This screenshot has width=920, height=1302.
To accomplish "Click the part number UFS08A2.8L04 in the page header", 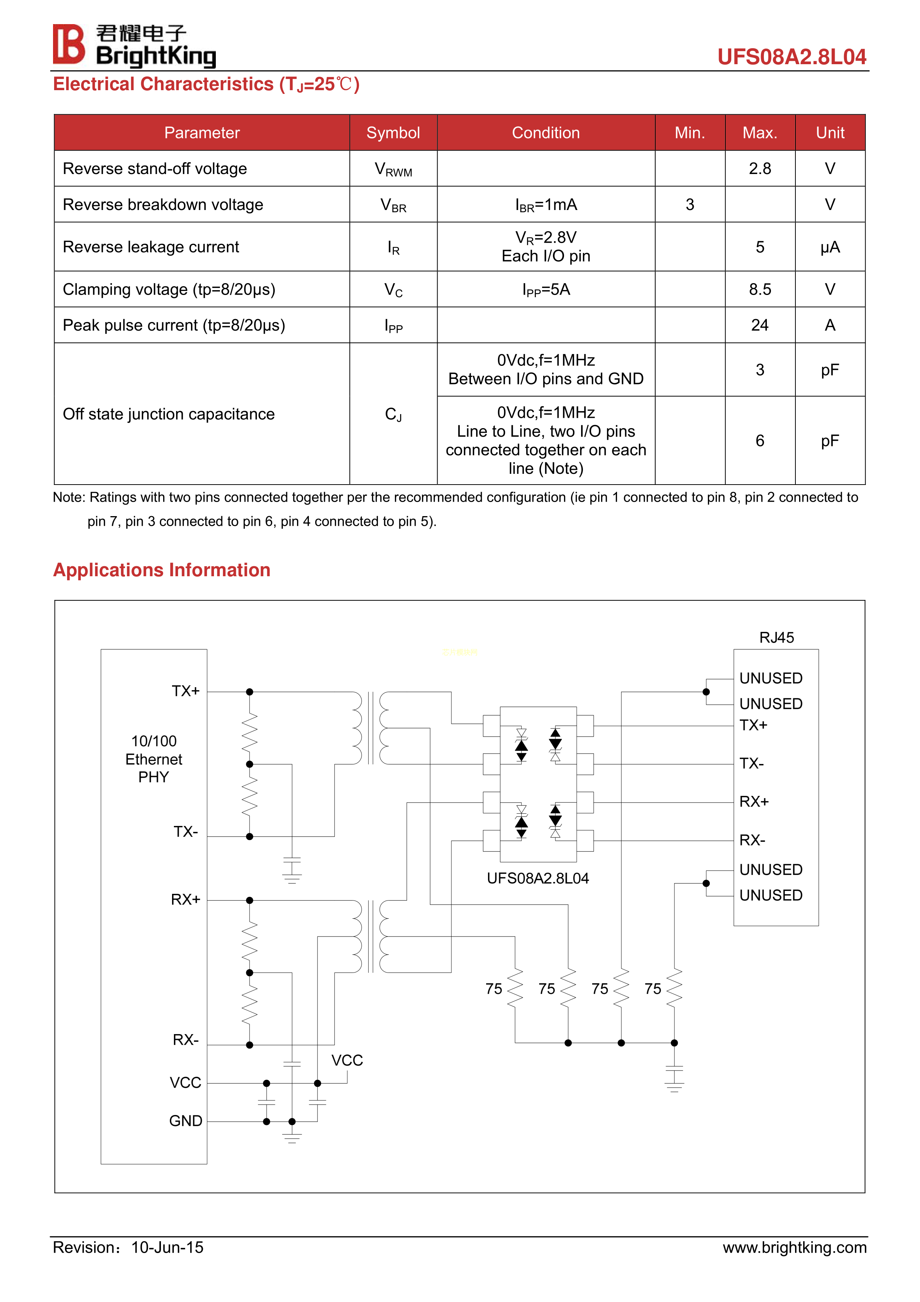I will (x=791, y=57).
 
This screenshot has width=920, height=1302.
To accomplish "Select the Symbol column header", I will (x=393, y=133).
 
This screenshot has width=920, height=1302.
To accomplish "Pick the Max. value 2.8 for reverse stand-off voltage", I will (x=759, y=168).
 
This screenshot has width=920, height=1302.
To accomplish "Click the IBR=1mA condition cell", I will (x=546, y=205).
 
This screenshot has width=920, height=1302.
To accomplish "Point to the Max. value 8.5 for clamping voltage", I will (x=759, y=289).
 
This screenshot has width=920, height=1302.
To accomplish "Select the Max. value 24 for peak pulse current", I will (x=759, y=325).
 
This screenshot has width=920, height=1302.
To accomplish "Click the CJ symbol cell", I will (x=393, y=414).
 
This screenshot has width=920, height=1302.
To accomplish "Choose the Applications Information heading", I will (x=162, y=570).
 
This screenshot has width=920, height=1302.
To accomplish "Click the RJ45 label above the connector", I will (x=776, y=637).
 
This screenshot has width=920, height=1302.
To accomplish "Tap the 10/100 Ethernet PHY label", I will (x=154, y=759).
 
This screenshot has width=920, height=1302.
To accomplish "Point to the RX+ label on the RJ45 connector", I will (x=754, y=801).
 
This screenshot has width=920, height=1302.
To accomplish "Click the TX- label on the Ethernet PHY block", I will (x=185, y=832).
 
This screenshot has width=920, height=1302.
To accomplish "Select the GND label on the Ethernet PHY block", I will (x=185, y=1121).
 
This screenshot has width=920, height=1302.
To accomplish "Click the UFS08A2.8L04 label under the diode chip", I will (x=537, y=878).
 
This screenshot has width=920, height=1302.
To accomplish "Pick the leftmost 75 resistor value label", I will (x=494, y=989).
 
